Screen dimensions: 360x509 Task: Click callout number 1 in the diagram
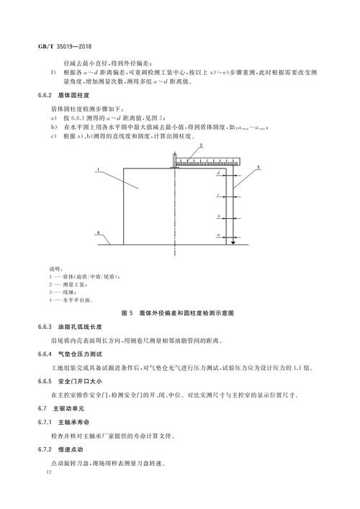click(94, 171)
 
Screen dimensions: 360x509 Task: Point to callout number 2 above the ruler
click(202, 145)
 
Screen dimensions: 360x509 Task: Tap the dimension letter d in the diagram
click(217, 174)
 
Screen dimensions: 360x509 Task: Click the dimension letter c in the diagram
click(217, 194)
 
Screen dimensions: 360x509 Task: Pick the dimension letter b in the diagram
click(217, 216)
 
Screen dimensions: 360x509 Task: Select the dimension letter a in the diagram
click(217, 235)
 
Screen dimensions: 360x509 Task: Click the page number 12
click(48, 472)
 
